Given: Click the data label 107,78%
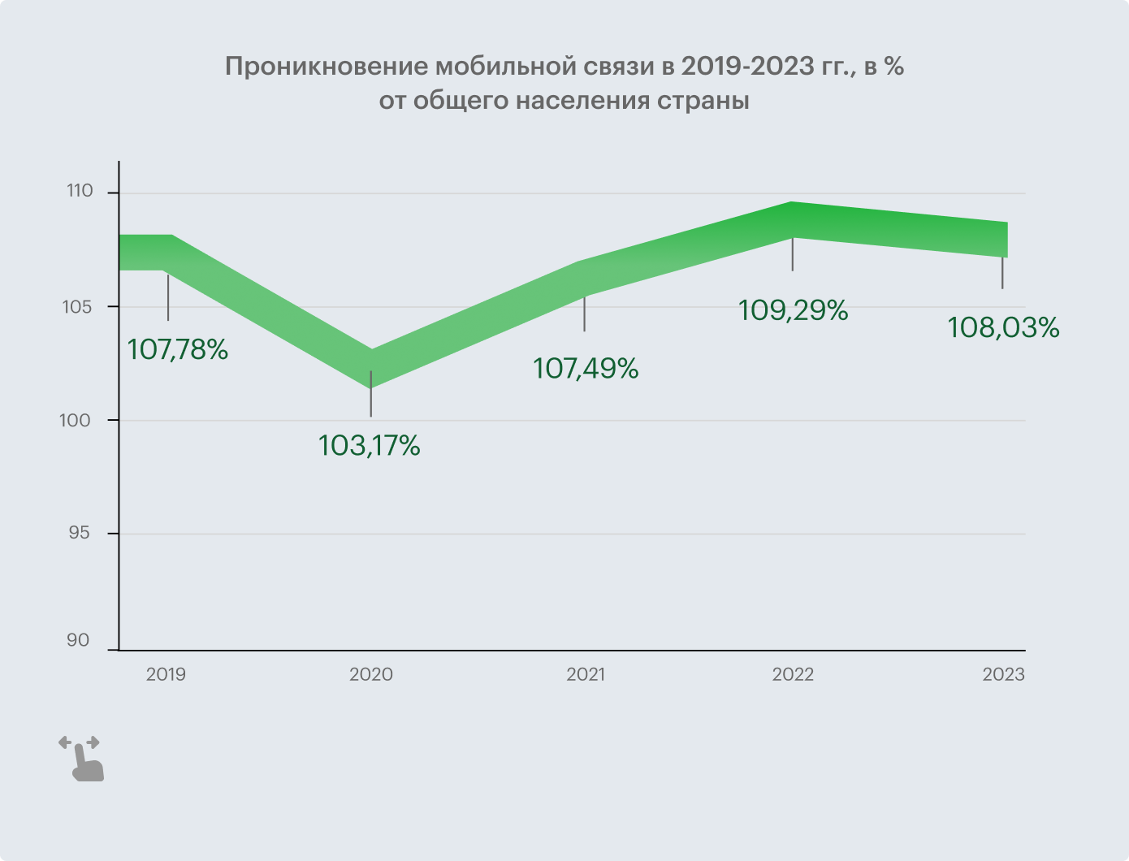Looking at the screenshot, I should [178, 350].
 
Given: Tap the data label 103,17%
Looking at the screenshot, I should [370, 446].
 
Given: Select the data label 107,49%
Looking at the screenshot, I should [586, 369].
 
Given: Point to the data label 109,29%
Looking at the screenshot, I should [794, 310].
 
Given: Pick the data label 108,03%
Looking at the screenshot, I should [1003, 327].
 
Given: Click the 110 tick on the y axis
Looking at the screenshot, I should [80, 192].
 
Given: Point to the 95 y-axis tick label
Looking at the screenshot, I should [79, 534].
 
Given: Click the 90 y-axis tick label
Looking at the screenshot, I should [79, 641].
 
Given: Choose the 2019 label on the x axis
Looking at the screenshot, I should [167, 675].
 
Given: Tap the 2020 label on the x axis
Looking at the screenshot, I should [371, 675].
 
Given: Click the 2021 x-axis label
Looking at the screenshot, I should [586, 675].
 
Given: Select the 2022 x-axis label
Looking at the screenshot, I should [793, 675].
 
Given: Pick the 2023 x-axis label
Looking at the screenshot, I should [1003, 675].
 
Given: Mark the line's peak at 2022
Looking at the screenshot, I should [792, 219].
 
